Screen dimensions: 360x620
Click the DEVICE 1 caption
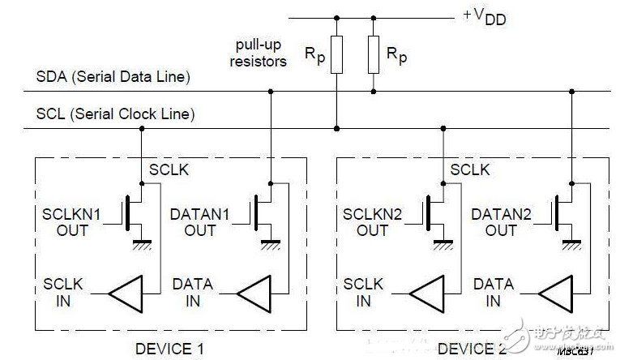tap(169, 349)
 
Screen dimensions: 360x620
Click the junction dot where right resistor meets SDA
tap(374, 91)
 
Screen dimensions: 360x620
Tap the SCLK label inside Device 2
tap(471, 170)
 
